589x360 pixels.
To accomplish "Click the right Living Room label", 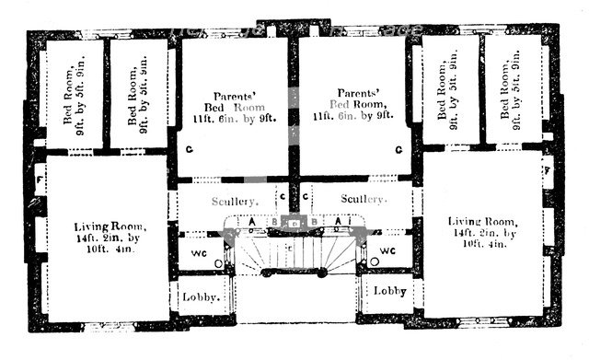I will point(482,223).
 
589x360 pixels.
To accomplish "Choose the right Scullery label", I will point(363,199).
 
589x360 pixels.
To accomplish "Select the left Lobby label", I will point(200,297).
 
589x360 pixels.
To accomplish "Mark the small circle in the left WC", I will point(217,263).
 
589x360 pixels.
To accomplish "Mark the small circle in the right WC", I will point(372,263).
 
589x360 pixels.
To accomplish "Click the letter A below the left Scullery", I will point(251,222).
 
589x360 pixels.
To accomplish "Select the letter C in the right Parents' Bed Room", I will point(398,149).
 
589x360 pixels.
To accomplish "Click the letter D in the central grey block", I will point(294,224).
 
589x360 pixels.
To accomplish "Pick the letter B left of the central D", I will point(274,222).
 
